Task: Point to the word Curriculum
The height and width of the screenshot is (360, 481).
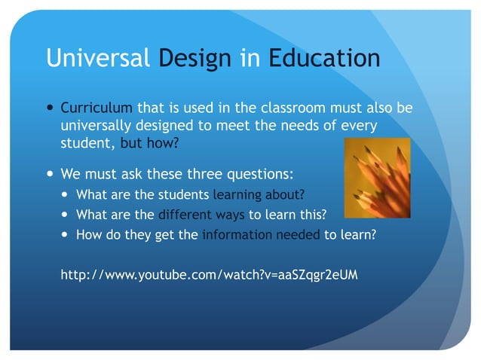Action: pyautogui.click(x=97, y=108)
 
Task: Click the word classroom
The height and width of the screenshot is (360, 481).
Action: pyautogui.click(x=277, y=108)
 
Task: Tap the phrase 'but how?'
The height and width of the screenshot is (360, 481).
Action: pyautogui.click(x=155, y=142)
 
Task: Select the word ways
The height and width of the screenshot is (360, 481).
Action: pyautogui.click(x=230, y=215)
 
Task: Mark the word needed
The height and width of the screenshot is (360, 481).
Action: pyautogui.click(x=299, y=234)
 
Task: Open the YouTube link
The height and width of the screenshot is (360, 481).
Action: pyautogui.click(x=209, y=274)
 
